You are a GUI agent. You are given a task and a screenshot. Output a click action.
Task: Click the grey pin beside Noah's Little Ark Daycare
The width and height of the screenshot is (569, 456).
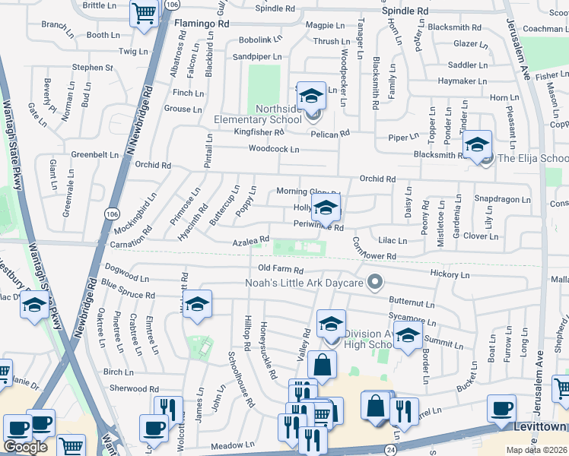tap(374, 283)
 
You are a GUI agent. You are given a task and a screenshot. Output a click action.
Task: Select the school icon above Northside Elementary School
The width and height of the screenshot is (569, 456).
tap(310, 97)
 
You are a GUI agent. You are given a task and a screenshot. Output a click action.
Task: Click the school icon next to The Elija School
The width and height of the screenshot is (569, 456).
tap(477, 144)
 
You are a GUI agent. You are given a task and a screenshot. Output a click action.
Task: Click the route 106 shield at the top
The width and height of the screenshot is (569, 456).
tap(172, 5)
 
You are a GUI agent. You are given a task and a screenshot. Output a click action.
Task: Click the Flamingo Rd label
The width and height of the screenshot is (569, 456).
tap(201, 24)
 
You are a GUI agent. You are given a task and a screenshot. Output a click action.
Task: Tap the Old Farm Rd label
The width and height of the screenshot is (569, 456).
tap(281, 270)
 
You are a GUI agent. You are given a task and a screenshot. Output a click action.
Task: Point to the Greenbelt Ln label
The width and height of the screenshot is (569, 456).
tap(95, 154)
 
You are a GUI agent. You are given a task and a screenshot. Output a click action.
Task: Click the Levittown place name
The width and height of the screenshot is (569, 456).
tap(541, 428)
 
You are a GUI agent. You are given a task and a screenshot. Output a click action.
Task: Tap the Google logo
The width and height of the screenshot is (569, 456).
tap(25, 446)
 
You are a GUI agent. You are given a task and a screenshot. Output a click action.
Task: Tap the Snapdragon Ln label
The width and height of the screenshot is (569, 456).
tap(502, 199)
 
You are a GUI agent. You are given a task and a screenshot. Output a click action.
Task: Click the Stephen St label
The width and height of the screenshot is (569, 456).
tap(93, 68)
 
